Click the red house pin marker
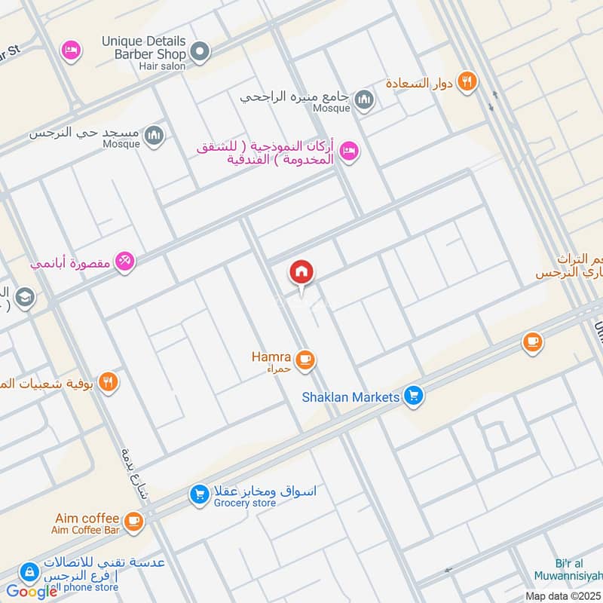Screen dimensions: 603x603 tap(301, 273)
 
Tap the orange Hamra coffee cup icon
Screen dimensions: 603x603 tap(305, 360)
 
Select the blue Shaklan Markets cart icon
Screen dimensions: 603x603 tap(412, 394)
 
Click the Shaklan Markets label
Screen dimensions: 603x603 tap(350, 396)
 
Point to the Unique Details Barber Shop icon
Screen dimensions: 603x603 tap(200, 52)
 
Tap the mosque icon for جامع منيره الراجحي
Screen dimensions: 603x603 tap(364, 99)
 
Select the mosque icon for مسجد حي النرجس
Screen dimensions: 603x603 tap(155, 135)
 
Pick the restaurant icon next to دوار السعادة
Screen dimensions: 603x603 tap(467, 82)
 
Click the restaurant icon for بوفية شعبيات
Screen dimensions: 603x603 tap(109, 382)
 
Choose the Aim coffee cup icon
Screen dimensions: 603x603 tap(133, 521)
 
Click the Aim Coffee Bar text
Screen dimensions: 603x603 tap(87, 530)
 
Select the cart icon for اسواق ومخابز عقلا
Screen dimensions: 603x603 tap(199, 494)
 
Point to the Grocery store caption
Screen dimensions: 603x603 tap(244, 503)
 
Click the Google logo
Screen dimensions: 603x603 tap(32, 592)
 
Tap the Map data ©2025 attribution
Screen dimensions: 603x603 tap(563, 595)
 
